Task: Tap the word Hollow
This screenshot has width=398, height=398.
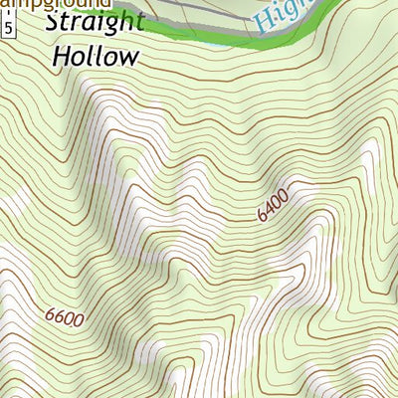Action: [x=95, y=56]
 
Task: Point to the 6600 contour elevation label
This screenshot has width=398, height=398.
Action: [x=65, y=316]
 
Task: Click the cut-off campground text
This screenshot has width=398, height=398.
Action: [x=55, y=5]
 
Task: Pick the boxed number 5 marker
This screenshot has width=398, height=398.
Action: [x=9, y=30]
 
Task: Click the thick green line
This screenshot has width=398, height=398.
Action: [x=199, y=36]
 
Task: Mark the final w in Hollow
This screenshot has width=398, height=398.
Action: [x=127, y=58]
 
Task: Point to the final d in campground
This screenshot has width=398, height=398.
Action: [x=106, y=5]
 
